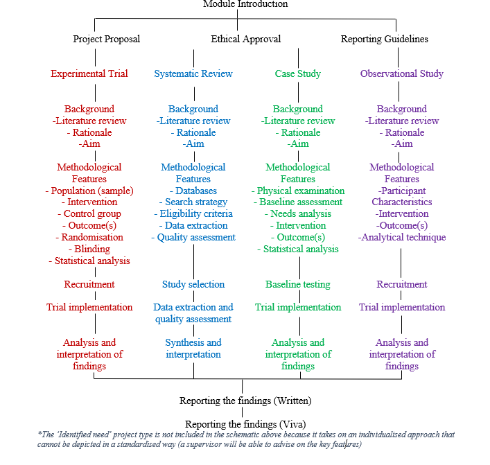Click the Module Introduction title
(245, 4)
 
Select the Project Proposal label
(107, 40)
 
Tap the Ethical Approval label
(246, 40)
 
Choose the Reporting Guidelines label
(385, 40)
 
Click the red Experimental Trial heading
(89, 74)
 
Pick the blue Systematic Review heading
(193, 74)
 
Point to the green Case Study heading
(298, 74)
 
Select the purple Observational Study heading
(402, 74)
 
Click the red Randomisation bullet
(92, 238)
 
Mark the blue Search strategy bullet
(193, 202)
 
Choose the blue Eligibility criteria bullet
(193, 214)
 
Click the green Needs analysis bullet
(298, 214)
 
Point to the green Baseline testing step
(298, 285)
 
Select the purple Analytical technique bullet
(402, 238)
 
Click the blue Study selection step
(193, 285)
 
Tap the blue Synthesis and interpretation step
(193, 349)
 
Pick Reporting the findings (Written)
(245, 401)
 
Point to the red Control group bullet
(90, 214)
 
